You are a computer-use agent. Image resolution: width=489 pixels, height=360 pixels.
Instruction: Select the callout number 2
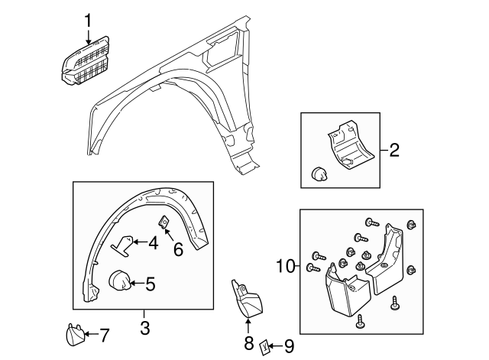click(x=394, y=151)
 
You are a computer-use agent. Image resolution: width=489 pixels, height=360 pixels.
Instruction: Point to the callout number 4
click(x=153, y=244)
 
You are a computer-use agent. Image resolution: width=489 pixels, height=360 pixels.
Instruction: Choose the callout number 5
click(x=150, y=284)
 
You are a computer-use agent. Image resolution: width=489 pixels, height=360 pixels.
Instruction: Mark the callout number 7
click(x=104, y=334)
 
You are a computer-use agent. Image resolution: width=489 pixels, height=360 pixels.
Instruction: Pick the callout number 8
click(x=248, y=344)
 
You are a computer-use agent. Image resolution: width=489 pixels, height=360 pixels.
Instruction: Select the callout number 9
click(x=288, y=346)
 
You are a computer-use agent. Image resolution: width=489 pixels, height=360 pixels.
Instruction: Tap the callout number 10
click(x=285, y=267)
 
